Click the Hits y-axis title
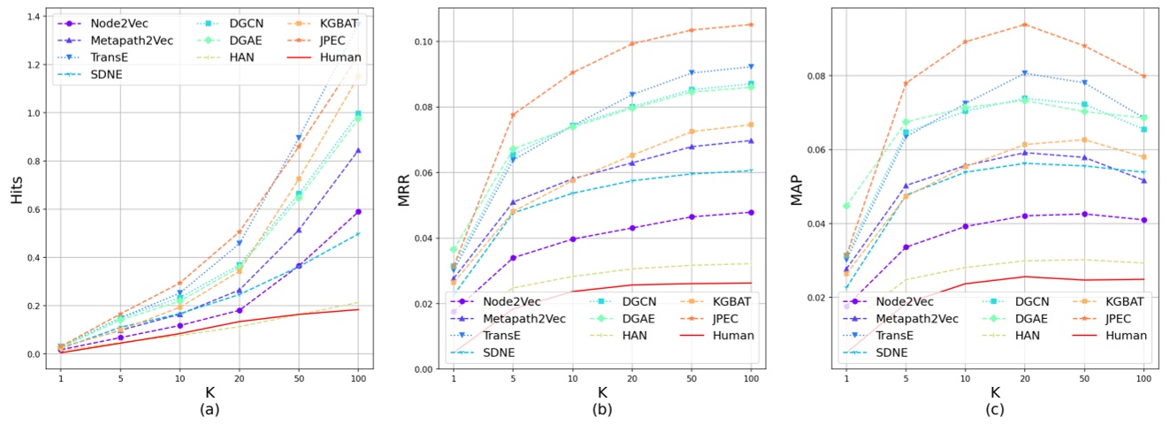[x=17, y=189]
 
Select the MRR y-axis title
[x=404, y=189]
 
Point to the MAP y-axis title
[x=798, y=189]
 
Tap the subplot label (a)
[x=209, y=409]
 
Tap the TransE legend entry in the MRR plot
[x=516, y=336]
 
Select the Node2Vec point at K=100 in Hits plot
[x=357, y=212]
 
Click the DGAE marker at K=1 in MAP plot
[x=846, y=206]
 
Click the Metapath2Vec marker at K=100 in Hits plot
[x=357, y=151]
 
